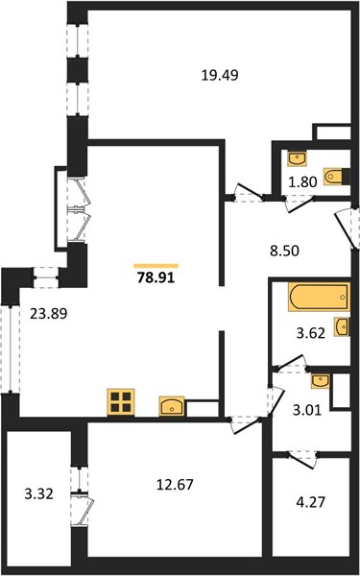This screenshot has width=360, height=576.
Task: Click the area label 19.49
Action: click(220, 75)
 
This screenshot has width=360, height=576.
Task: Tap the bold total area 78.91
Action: click(156, 277)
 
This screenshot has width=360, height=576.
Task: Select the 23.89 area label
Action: click(49, 314)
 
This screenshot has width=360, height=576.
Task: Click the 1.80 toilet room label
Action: click(302, 181)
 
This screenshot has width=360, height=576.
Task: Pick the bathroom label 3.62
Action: click(311, 333)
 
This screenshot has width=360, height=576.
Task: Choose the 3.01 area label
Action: click(307, 410)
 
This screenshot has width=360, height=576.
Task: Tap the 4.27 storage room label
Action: click(310, 501)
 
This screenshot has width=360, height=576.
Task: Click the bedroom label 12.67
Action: click(175, 485)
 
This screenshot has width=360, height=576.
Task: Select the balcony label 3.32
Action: click(39, 494)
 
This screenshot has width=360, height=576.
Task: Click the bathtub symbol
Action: click(319, 297)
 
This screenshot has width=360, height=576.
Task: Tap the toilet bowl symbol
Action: click(332, 177)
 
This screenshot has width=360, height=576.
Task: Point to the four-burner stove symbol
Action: click(121, 402)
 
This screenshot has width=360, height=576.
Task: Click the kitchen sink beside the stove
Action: click(172, 406)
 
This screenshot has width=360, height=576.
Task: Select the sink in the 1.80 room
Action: click(298, 158)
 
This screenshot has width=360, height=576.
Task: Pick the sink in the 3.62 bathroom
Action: click(342, 327)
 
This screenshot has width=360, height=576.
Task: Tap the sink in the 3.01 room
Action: click(321, 381)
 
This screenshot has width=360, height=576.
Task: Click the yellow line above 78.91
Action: click(156, 266)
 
